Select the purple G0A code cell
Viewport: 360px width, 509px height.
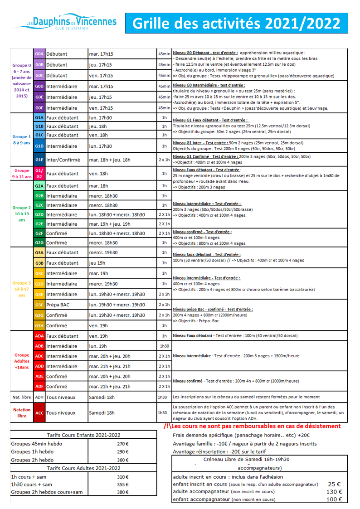pos(39,54)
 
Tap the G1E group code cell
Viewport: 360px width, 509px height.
pos(39,160)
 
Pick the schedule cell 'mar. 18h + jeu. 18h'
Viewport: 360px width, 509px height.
pos(110,160)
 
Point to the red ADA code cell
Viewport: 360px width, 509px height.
pos(39,336)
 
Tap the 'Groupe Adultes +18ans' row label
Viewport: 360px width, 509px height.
pos(22,361)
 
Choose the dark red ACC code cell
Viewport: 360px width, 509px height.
pos(39,413)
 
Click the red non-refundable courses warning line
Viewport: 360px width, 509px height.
pos(252,427)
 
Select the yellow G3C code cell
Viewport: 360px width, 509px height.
pos(39,273)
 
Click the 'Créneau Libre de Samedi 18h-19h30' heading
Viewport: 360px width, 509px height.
pos(247,459)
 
